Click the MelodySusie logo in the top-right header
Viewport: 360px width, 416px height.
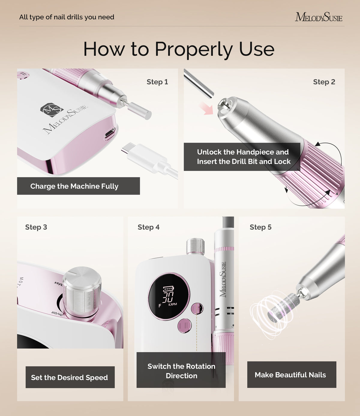[318, 17]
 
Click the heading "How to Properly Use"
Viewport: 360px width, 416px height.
[179, 49]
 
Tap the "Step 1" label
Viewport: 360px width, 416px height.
[157, 82]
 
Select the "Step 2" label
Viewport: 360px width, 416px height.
[324, 82]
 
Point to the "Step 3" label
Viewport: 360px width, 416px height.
[36, 227]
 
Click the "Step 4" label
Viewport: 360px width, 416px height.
[148, 227]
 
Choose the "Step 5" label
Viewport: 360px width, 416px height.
[260, 227]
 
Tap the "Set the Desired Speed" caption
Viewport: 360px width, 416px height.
[70, 377]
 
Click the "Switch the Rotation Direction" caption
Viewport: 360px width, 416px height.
[181, 371]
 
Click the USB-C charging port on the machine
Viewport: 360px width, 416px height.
[110, 134]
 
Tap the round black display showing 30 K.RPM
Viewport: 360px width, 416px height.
[169, 296]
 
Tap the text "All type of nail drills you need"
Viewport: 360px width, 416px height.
[67, 17]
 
